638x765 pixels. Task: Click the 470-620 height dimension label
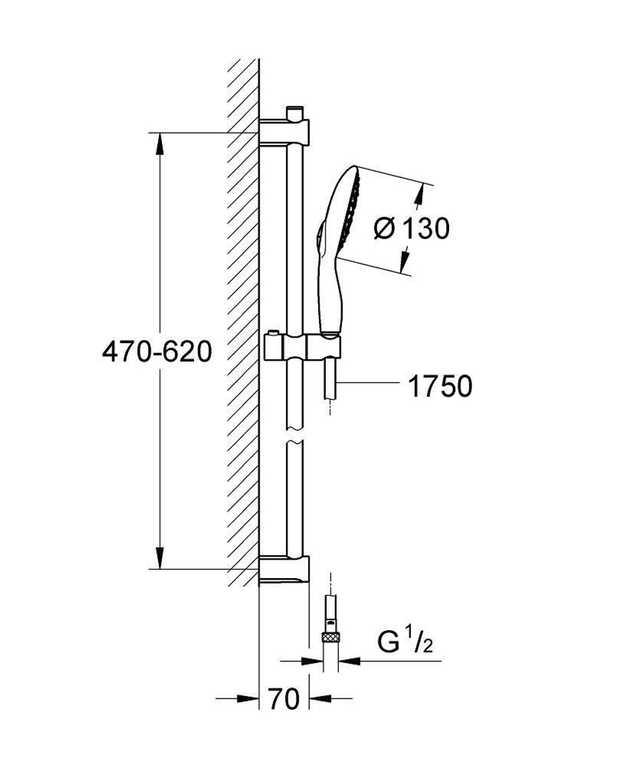click(156, 351)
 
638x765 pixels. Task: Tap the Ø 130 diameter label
click(412, 228)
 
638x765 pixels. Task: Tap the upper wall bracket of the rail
click(285, 133)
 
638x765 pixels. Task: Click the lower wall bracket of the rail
click(285, 568)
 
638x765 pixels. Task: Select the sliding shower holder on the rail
click(302, 348)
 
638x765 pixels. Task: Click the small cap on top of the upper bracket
click(294, 113)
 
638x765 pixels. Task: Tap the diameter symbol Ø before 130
click(385, 228)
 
